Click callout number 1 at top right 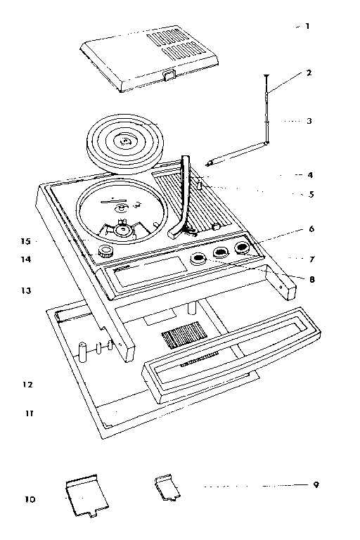[x=307, y=26]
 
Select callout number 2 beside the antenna [x=309, y=72]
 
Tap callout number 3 [x=309, y=121]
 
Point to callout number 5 [x=311, y=194]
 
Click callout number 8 [x=311, y=279]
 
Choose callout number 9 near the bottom [x=316, y=485]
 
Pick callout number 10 [x=30, y=499]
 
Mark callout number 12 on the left [x=27, y=385]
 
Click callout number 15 [x=26, y=241]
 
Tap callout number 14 [x=26, y=259]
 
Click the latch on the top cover [x=170, y=75]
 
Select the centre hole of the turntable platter [x=124, y=141]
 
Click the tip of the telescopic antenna [x=266, y=76]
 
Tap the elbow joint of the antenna [x=266, y=142]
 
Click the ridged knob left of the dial [x=105, y=252]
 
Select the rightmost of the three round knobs [x=242, y=247]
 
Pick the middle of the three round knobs [x=221, y=253]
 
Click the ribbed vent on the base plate [x=185, y=335]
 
